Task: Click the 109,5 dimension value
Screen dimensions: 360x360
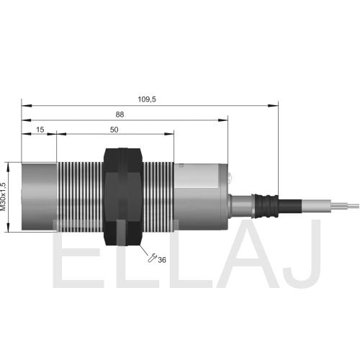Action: (x=147, y=99)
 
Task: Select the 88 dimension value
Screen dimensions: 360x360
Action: (x=120, y=114)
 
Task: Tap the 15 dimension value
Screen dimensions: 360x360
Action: (x=40, y=130)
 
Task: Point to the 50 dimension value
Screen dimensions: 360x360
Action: (x=114, y=130)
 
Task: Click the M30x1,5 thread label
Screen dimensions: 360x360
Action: (x=3, y=197)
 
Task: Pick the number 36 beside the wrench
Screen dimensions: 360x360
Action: (x=162, y=260)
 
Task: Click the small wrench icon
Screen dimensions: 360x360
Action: (x=152, y=258)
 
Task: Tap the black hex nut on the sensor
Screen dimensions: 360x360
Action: (x=123, y=197)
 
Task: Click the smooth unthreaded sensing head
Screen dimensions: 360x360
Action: (x=39, y=197)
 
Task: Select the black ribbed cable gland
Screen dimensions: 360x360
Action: (x=266, y=206)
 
